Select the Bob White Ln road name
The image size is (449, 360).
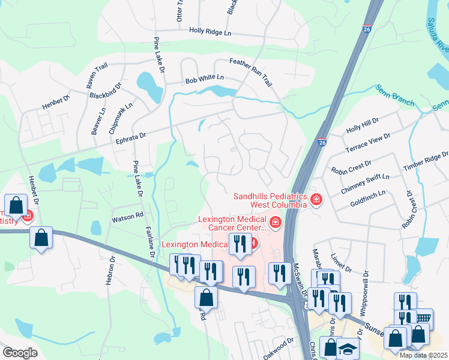pos(204,78)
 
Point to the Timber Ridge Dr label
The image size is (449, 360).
pos(425,162)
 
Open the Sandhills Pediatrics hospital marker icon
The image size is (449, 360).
pos(316,199)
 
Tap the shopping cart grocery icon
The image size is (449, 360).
pos(424,317)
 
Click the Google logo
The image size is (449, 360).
pos(20,353)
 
